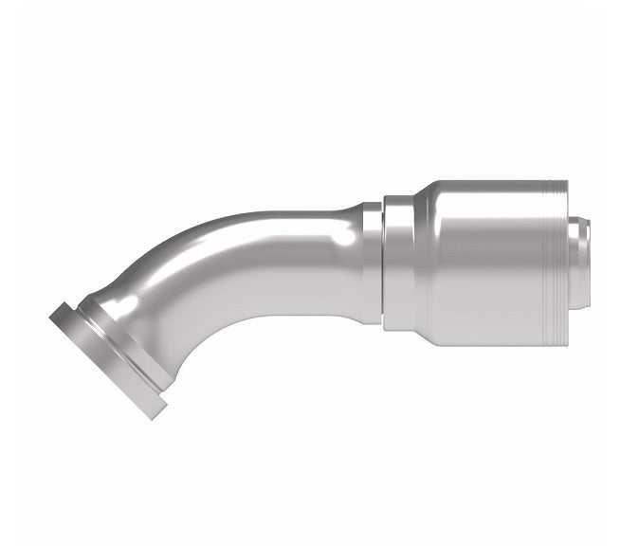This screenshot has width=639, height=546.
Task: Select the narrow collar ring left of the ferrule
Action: coord(398,262)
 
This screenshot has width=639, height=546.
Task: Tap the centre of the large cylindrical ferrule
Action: coord(493,261)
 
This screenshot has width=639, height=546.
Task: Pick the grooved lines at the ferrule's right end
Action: coord(558,261)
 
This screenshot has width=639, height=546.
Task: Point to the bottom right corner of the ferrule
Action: coord(567,343)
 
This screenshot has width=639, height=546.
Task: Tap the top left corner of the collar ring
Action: coord(385,198)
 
